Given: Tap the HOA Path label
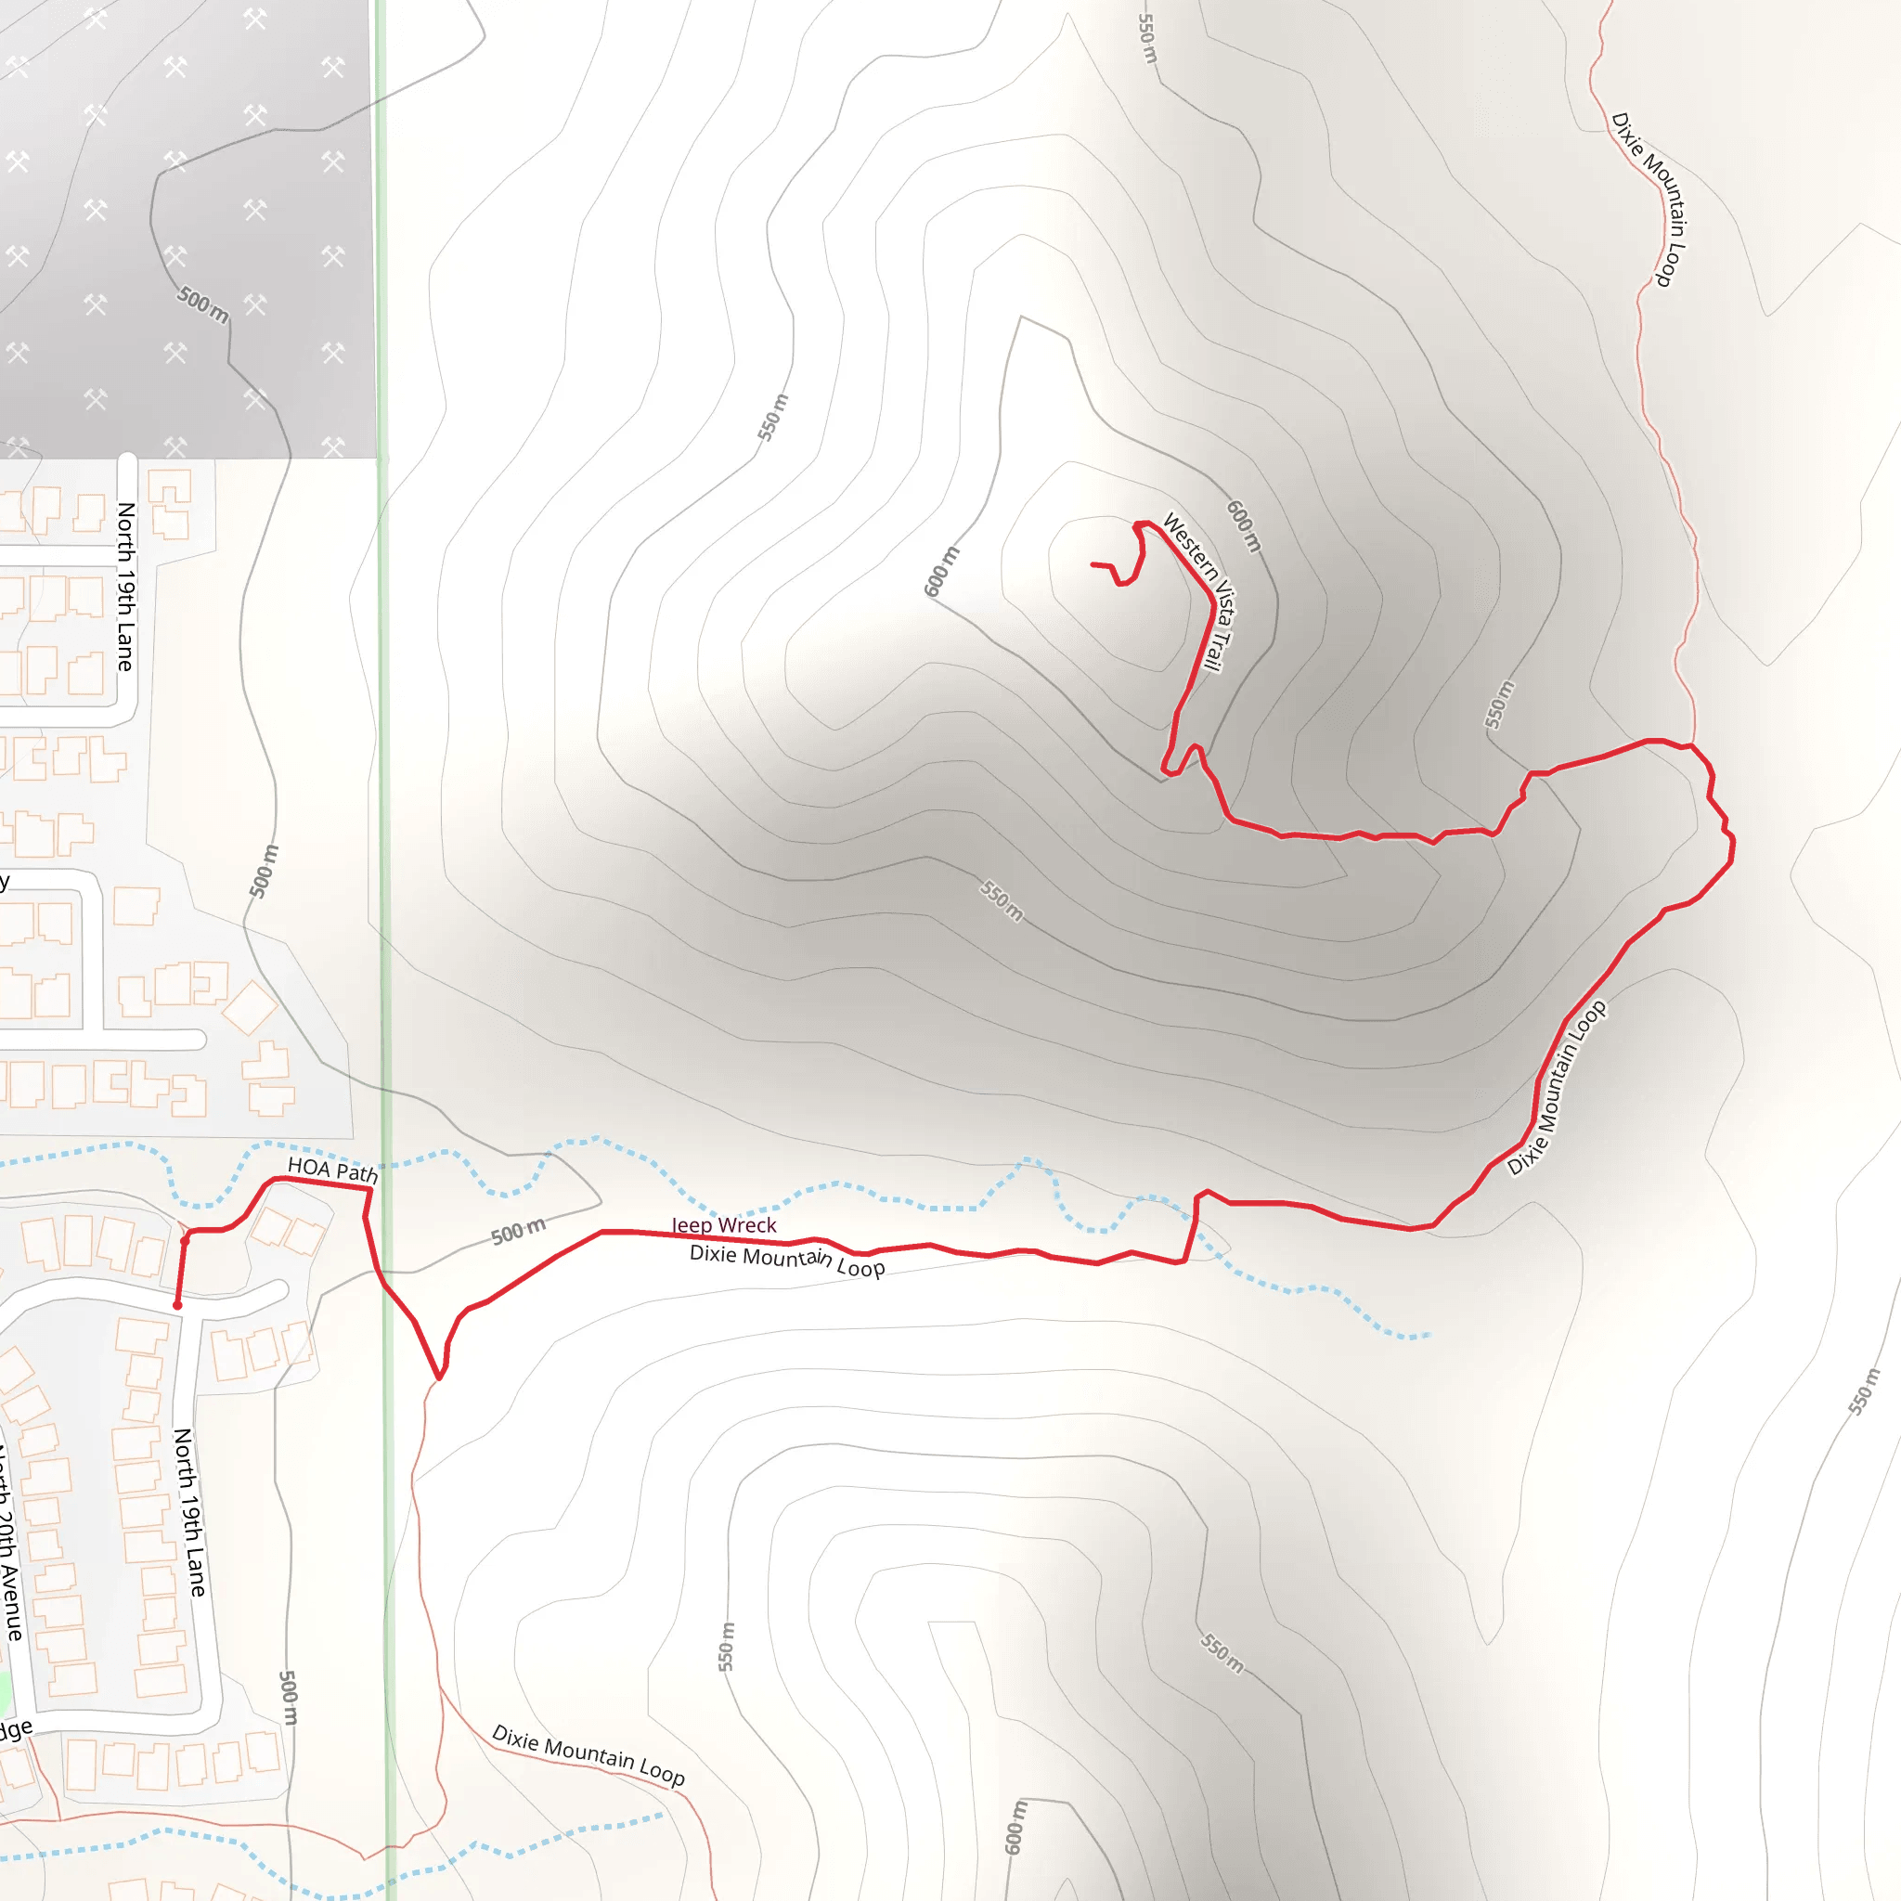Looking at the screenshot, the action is pos(332,1170).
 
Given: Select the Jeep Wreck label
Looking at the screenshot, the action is pos(724,1225).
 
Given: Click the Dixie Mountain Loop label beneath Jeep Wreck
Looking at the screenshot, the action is pos(787,1261).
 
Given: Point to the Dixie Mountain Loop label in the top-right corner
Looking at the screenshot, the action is pos(1649,200).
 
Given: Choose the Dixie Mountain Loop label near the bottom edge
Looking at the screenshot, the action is pos(588,1754).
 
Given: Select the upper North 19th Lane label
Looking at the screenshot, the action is pos(126,587).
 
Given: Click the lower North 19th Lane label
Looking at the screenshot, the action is pos(189,1512).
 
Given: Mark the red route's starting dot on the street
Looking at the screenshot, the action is pos(177,1306).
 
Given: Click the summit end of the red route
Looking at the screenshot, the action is pos(1093,564).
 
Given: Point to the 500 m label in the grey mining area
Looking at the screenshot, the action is pos(202,304).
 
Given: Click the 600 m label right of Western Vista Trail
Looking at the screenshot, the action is pos(1244,526).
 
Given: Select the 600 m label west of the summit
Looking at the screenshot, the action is pos(940,572).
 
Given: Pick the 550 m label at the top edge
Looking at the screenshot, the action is pos(1147,37).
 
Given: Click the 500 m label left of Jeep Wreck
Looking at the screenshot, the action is pos(518,1232).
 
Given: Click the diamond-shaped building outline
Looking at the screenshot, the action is pos(251,1006).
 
